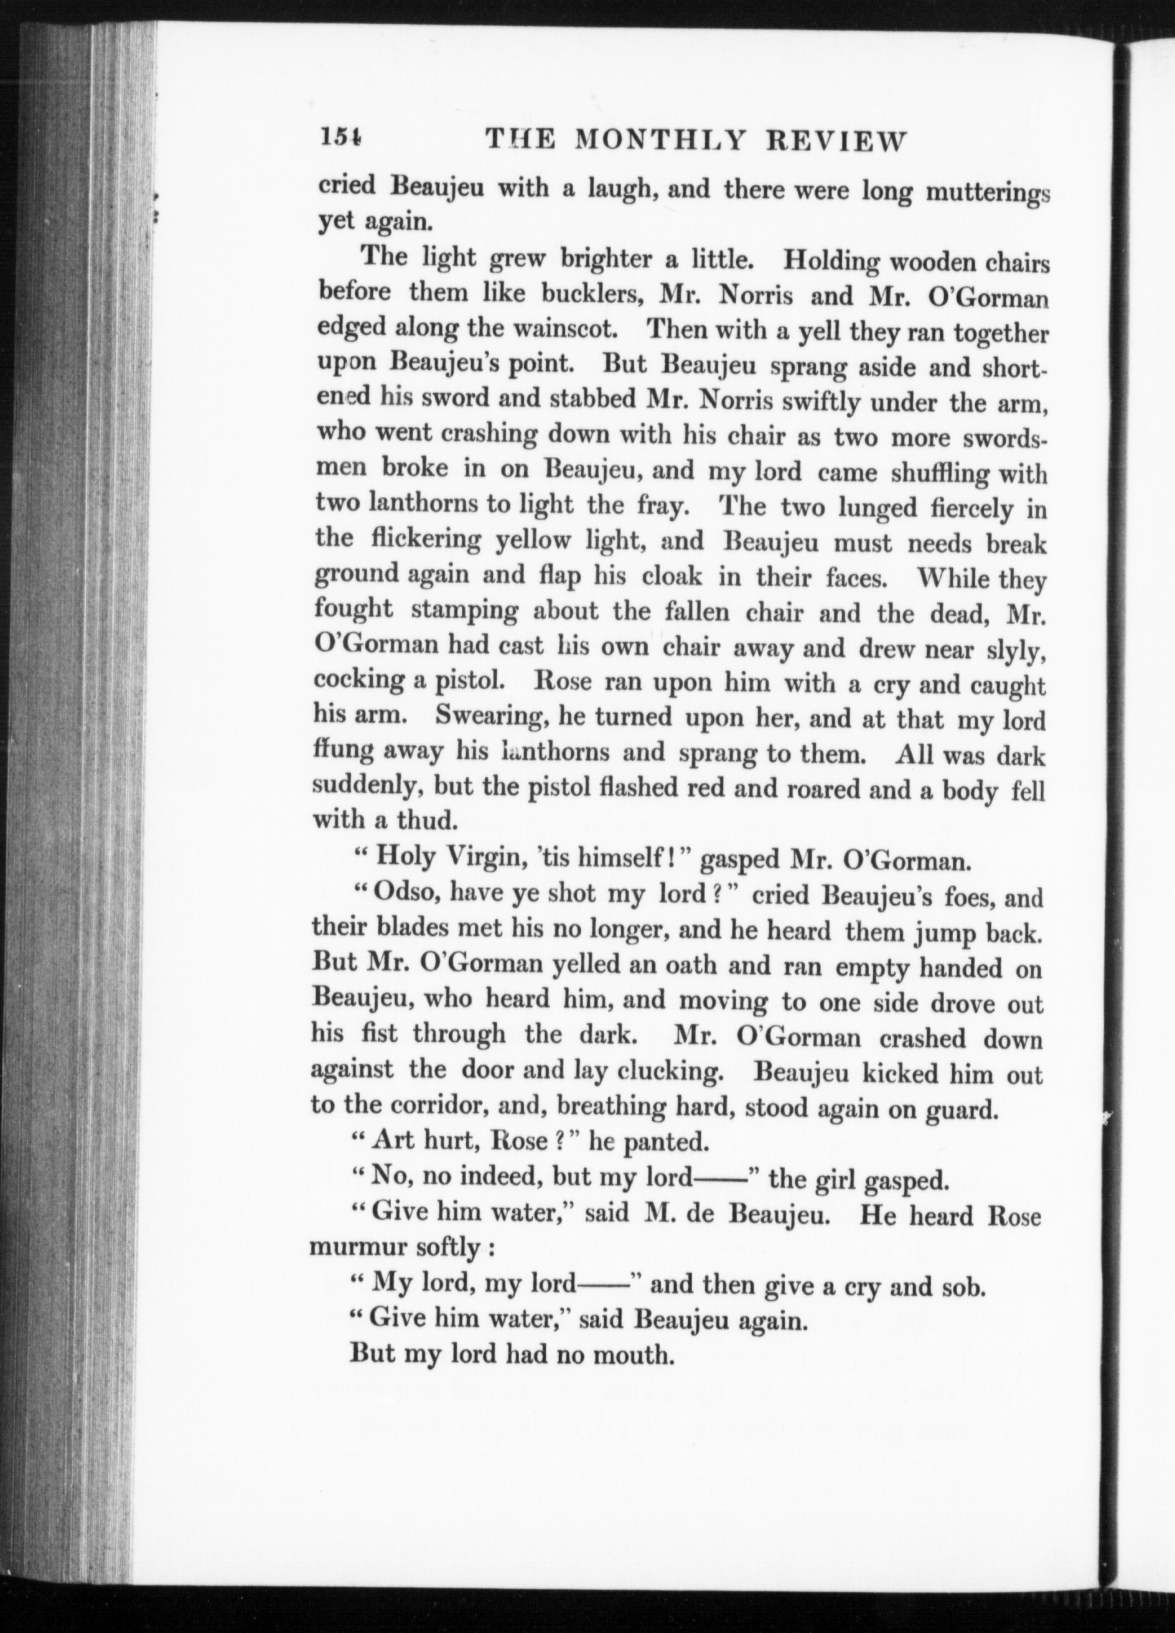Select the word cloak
point(673,577)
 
